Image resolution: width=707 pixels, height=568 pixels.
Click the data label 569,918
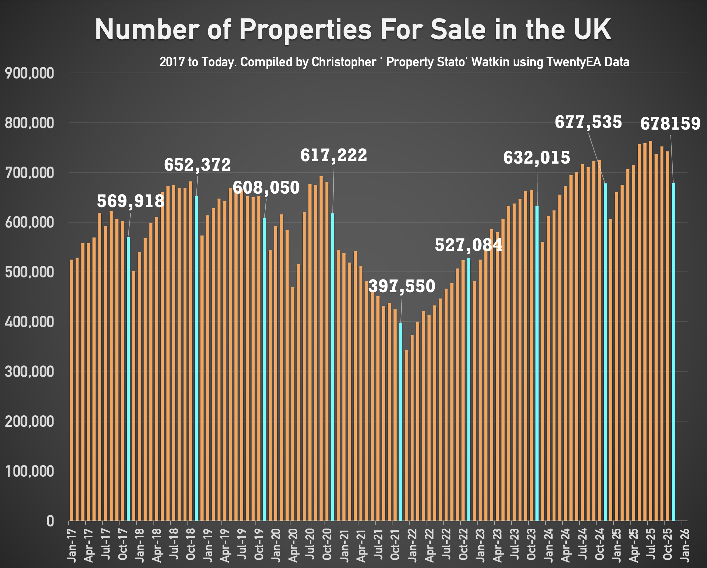point(130,201)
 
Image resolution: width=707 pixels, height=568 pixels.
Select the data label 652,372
point(197,165)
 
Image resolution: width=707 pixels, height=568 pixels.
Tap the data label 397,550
point(402,286)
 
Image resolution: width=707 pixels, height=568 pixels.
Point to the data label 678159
point(670,124)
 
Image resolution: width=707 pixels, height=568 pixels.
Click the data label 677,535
point(588,122)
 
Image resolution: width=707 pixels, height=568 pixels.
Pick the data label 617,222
point(334,155)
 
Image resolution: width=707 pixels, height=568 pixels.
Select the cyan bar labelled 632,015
point(537,363)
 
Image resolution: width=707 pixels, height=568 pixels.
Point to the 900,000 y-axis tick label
point(29,73)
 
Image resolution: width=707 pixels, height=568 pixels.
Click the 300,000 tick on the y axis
point(29,372)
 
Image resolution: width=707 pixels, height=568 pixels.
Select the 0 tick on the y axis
point(50,521)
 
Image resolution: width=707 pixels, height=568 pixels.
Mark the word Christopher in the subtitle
point(344,62)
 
